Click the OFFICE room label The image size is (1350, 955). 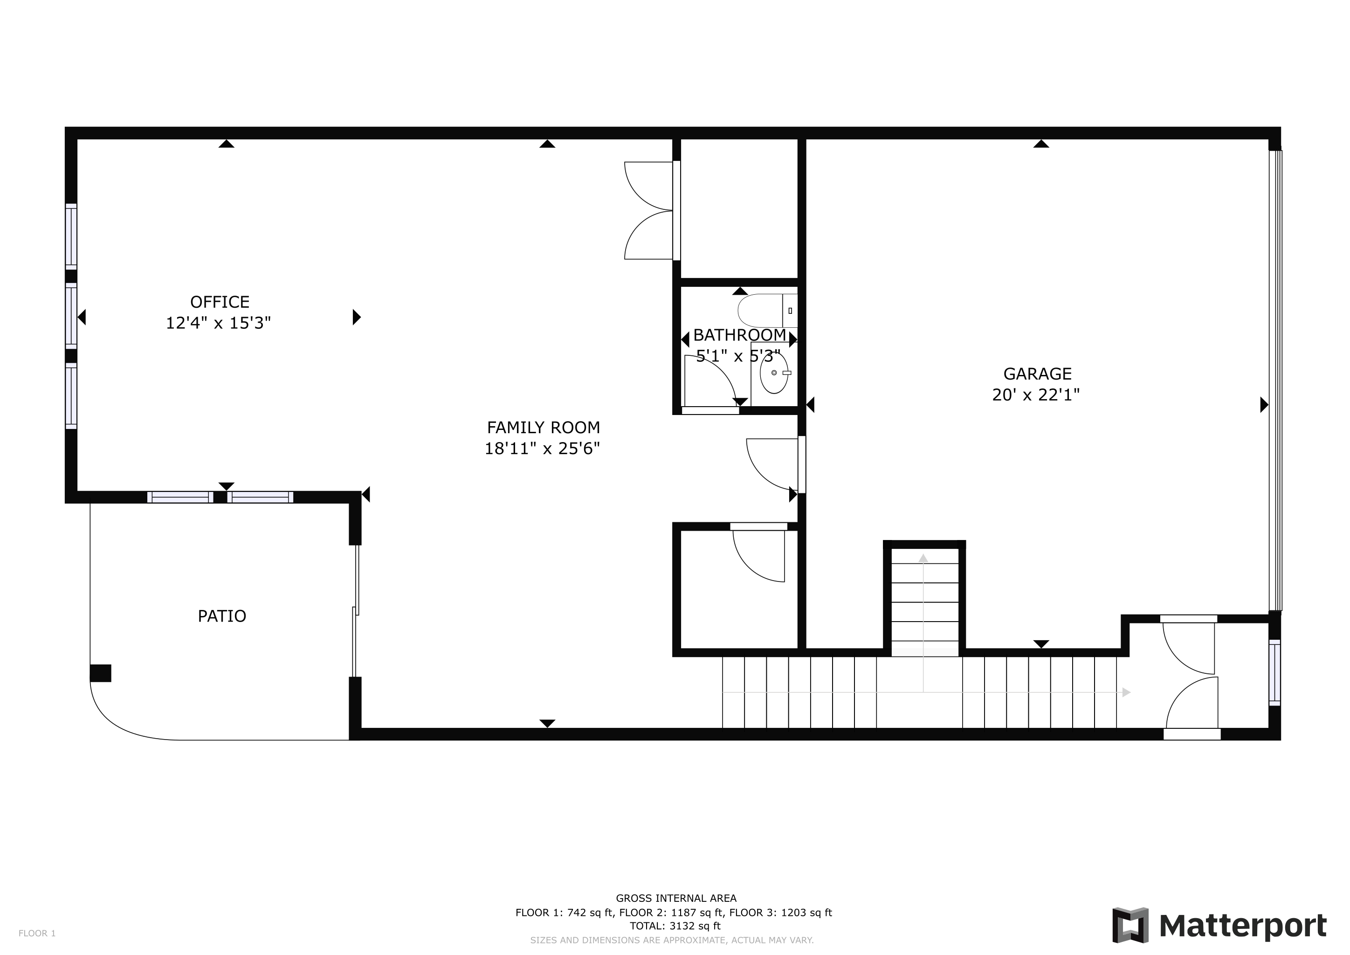pyautogui.click(x=220, y=302)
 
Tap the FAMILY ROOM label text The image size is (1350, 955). pyautogui.click(x=543, y=428)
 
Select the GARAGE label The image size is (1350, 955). pyautogui.click(x=1037, y=374)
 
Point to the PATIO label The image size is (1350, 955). pyautogui.click(x=222, y=616)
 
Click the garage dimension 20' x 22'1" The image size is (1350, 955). pyautogui.click(x=1036, y=394)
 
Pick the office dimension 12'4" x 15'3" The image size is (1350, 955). pyautogui.click(x=218, y=323)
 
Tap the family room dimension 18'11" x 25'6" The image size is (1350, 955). pyautogui.click(x=542, y=449)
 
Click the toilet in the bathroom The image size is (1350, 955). pyautogui.click(x=768, y=311)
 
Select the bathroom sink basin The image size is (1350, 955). pyautogui.click(x=774, y=373)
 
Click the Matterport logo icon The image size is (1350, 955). pyautogui.click(x=1130, y=926)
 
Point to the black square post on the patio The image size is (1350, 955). pyautogui.click(x=101, y=673)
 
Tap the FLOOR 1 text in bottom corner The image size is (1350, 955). pyautogui.click(x=37, y=933)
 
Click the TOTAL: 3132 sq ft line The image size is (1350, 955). pyautogui.click(x=675, y=926)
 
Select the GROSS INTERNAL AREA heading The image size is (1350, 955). pyautogui.click(x=676, y=898)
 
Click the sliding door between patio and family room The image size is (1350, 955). pyautogui.click(x=355, y=612)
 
